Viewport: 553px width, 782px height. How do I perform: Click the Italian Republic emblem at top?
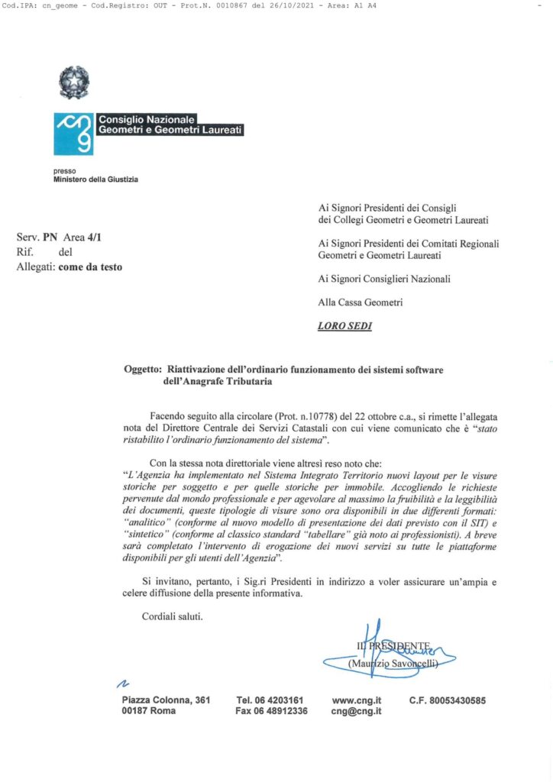74,82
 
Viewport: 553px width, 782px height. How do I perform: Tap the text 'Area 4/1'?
82,238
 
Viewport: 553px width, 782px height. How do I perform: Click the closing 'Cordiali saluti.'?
172,616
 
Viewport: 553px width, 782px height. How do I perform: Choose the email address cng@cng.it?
356,711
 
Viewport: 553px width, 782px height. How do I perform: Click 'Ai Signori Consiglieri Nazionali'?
384,279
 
